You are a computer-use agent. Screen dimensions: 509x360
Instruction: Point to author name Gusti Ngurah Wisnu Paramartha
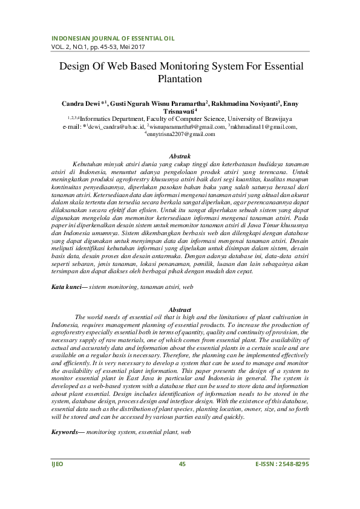(159, 104)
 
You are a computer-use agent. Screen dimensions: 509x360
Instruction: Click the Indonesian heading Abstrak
(180, 156)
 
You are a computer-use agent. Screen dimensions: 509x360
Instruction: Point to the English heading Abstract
(180, 310)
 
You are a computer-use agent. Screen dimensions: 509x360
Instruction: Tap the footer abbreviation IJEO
(56, 481)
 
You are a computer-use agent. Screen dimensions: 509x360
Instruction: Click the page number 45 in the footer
(181, 481)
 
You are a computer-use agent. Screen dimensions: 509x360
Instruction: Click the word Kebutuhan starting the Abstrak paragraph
(88, 164)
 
